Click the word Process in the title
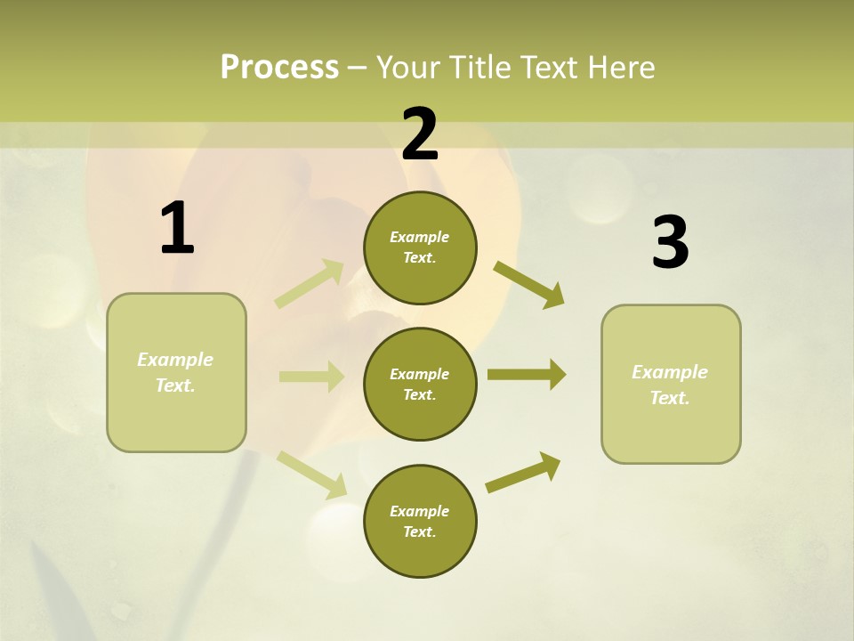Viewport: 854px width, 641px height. (x=279, y=67)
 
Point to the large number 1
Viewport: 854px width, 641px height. (x=177, y=229)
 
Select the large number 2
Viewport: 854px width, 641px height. (x=420, y=134)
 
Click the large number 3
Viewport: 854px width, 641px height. (x=670, y=243)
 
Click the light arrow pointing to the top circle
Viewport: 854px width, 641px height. (x=310, y=283)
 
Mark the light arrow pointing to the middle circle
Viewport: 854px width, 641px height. (x=310, y=377)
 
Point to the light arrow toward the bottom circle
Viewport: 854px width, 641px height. (x=311, y=474)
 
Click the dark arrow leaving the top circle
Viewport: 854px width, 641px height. (x=528, y=284)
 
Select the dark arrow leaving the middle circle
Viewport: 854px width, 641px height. (x=526, y=375)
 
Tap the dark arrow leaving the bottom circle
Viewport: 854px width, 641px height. (x=523, y=472)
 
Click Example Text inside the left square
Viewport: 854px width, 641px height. (x=175, y=372)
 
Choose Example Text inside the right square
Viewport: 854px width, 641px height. (x=670, y=385)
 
